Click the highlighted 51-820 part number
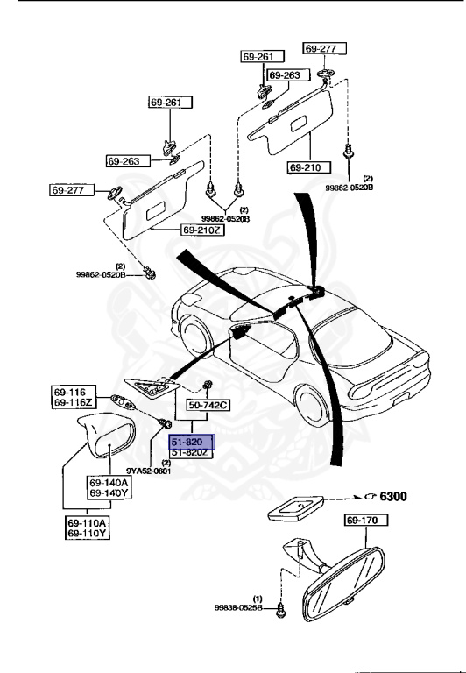(187, 442)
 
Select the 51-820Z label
(190, 453)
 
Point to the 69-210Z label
(202, 230)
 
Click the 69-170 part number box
(360, 521)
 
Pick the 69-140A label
(108, 482)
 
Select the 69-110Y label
(88, 534)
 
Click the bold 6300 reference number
(391, 496)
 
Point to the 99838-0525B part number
(238, 606)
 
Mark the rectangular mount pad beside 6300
(298, 505)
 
